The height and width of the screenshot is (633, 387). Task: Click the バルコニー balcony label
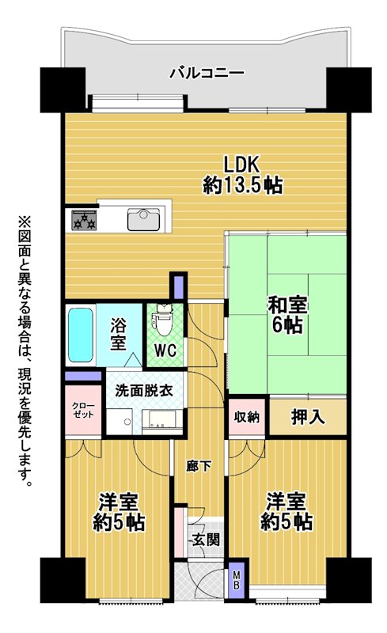click(x=207, y=74)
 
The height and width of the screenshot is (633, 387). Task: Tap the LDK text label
click(x=241, y=165)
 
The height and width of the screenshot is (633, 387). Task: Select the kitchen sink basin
click(x=143, y=220)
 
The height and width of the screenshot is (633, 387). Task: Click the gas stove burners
click(x=85, y=220)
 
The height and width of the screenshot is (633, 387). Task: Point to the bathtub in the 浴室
click(x=81, y=335)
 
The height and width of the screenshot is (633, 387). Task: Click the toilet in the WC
click(x=164, y=320)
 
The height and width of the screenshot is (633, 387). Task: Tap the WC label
click(x=165, y=351)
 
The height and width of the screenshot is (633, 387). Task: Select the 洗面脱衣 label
click(x=144, y=391)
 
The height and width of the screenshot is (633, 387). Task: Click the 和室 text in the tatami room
click(x=287, y=305)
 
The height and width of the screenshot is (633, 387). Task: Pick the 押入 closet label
click(x=308, y=417)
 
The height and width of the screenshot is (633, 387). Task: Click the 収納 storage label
click(x=247, y=418)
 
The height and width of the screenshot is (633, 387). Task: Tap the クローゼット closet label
click(x=83, y=410)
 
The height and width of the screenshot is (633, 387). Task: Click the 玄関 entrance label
click(x=206, y=539)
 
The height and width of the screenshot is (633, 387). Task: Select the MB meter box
click(x=237, y=580)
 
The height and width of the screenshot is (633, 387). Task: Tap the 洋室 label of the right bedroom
click(x=286, y=502)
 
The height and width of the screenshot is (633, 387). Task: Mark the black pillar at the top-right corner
click(x=349, y=89)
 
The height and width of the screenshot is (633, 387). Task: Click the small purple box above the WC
click(x=178, y=286)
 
